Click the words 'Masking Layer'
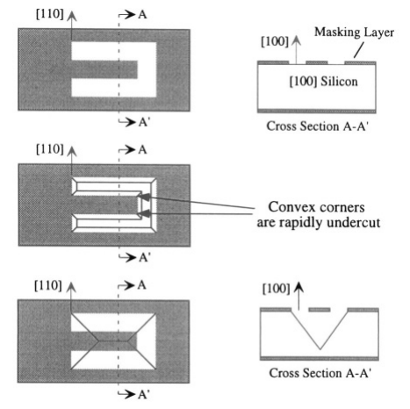(354, 32)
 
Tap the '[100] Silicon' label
(323, 82)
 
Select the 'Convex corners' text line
(316, 207)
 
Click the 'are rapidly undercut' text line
(319, 222)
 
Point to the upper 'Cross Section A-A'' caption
(317, 126)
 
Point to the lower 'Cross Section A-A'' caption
(320, 373)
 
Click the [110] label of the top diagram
(49, 14)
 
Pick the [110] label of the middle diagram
(49, 149)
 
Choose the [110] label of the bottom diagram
(48, 285)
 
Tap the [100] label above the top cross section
(275, 41)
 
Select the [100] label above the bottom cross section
(276, 289)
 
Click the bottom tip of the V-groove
(320, 349)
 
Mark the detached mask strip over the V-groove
(320, 310)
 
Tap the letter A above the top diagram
(142, 14)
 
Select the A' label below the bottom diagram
(144, 394)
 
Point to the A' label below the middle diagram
(145, 258)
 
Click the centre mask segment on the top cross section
(317, 62)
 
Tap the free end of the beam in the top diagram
(137, 69)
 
